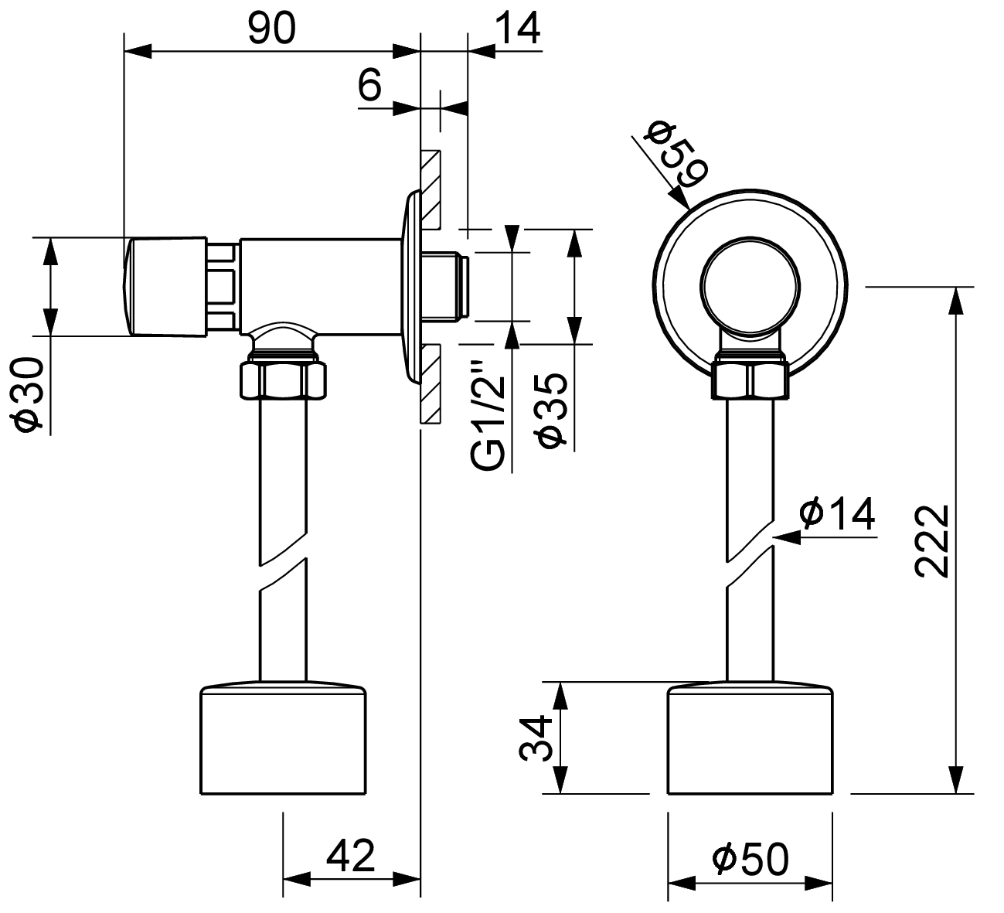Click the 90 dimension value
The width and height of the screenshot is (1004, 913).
tap(271, 29)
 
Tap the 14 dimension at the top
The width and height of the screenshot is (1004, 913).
tap(516, 29)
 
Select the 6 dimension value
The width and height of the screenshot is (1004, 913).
tap(370, 85)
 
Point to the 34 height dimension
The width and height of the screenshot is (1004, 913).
tap(536, 738)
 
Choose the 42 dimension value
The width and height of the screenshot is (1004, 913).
tap(351, 856)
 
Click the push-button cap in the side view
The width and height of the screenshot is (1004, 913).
tap(165, 286)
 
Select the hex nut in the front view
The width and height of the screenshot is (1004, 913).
tap(750, 379)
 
